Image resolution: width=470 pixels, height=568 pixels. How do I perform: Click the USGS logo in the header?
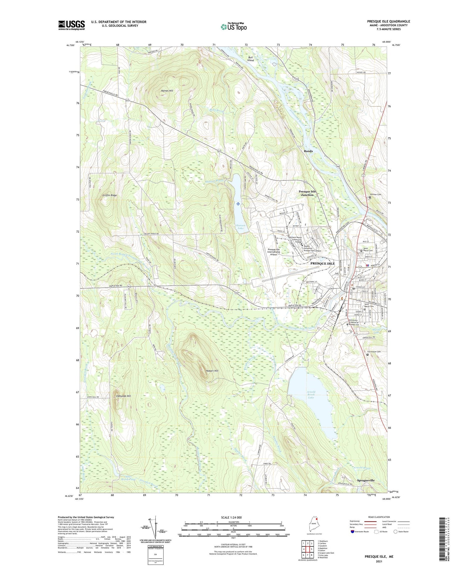pyautogui.click(x=71, y=25)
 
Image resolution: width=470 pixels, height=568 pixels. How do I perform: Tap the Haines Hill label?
pyautogui.click(x=167, y=91)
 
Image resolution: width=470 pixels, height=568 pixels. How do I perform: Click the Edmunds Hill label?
pyautogui.click(x=123, y=396)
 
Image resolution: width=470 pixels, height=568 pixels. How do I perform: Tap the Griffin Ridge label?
pyautogui.click(x=109, y=195)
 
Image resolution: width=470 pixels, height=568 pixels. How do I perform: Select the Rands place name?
pyautogui.click(x=308, y=151)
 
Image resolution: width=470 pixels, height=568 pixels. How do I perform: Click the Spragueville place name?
pyautogui.click(x=366, y=480)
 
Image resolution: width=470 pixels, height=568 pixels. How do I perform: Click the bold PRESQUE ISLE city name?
pyautogui.click(x=322, y=263)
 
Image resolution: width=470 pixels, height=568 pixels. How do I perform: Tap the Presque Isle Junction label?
pyautogui.click(x=307, y=193)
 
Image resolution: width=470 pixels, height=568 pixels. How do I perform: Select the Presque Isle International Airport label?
pyautogui.click(x=274, y=252)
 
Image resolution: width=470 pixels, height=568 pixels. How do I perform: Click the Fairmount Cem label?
pyautogui.click(x=373, y=352)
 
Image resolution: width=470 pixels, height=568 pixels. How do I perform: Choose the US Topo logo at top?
pyautogui.click(x=233, y=27)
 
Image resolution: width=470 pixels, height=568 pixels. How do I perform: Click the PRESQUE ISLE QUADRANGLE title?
pyautogui.click(x=388, y=21)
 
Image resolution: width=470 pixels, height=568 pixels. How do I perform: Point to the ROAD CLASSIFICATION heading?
pyautogui.click(x=379, y=517)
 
